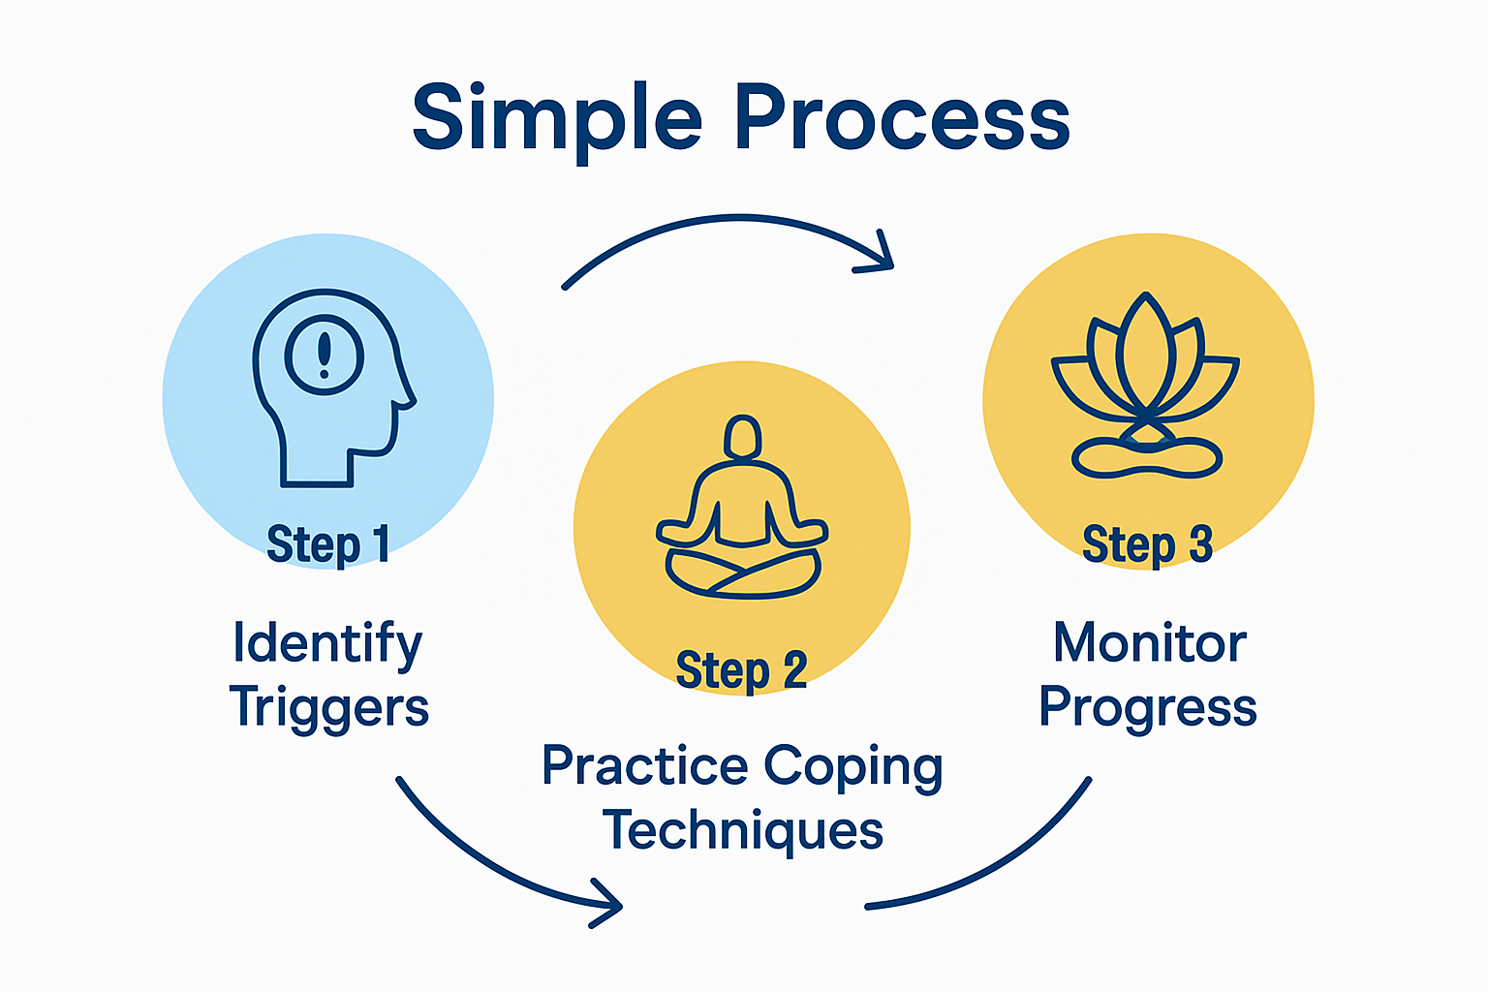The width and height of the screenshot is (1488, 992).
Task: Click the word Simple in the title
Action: pos(556,118)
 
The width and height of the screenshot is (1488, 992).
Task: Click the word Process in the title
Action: pos(901,118)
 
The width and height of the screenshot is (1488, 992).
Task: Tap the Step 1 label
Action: pos(327,544)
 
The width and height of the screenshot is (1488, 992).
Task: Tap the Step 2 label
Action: pos(741,670)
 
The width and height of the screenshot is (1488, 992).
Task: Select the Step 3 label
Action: pos(1147,544)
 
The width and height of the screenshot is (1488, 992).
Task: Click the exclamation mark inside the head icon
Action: pos(325,355)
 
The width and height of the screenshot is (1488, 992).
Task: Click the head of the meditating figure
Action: pos(742,437)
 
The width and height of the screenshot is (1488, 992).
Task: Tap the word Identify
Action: pos(327,643)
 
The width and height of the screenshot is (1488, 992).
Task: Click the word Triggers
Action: pos(329,707)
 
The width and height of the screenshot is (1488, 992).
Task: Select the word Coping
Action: pos(852,767)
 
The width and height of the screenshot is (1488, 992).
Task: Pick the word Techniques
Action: pos(742,831)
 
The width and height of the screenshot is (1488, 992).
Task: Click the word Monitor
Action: pos(1149,643)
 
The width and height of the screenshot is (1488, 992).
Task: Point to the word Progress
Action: pos(1147,707)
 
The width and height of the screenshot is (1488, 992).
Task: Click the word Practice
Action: pos(644,767)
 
